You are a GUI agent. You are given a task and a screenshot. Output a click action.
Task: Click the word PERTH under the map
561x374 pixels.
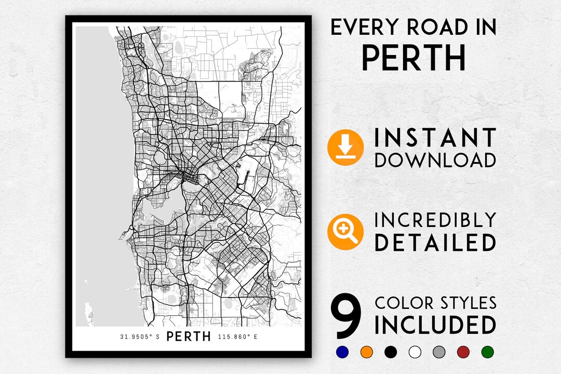coord(189,337)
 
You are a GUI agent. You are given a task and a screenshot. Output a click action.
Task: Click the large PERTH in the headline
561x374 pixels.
coord(413,58)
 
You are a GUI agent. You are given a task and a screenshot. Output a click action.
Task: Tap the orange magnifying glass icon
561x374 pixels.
coord(345,232)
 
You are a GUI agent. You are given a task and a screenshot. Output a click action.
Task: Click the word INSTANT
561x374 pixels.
coord(435,138)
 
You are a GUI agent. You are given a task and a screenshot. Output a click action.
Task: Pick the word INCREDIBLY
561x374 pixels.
coord(435,220)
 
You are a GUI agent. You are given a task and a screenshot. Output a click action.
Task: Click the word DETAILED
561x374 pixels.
coord(435,243)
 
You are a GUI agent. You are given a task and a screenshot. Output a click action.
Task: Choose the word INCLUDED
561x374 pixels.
coord(435,325)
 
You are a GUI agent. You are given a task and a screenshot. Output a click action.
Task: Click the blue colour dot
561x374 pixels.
coord(341,352)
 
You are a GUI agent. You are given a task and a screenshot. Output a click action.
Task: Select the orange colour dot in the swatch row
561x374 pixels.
coord(366,352)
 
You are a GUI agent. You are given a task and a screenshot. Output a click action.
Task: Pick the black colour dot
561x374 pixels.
coord(390,352)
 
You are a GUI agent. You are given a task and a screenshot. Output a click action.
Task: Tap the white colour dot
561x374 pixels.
coord(415,352)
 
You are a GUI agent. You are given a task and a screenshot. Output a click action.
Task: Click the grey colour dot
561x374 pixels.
coord(438,352)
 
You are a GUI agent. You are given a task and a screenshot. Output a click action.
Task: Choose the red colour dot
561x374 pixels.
coord(463,352)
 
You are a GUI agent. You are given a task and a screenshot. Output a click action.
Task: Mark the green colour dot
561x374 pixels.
coord(487,352)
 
